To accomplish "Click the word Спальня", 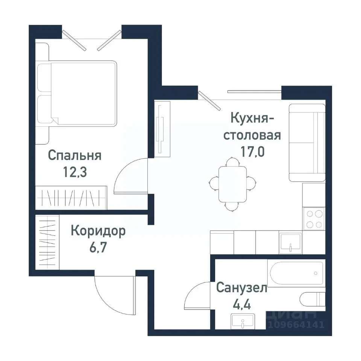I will (x=75, y=155).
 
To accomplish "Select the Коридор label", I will (x=98, y=231).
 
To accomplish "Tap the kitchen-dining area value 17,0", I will (x=252, y=152).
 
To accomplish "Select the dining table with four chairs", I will (x=233, y=184).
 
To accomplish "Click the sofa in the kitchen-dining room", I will (x=306, y=143).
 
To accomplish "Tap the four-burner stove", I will (x=314, y=219).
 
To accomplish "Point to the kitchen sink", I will (x=290, y=242).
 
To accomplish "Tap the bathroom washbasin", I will (x=243, y=322).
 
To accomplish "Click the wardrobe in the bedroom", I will (x=71, y=197).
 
